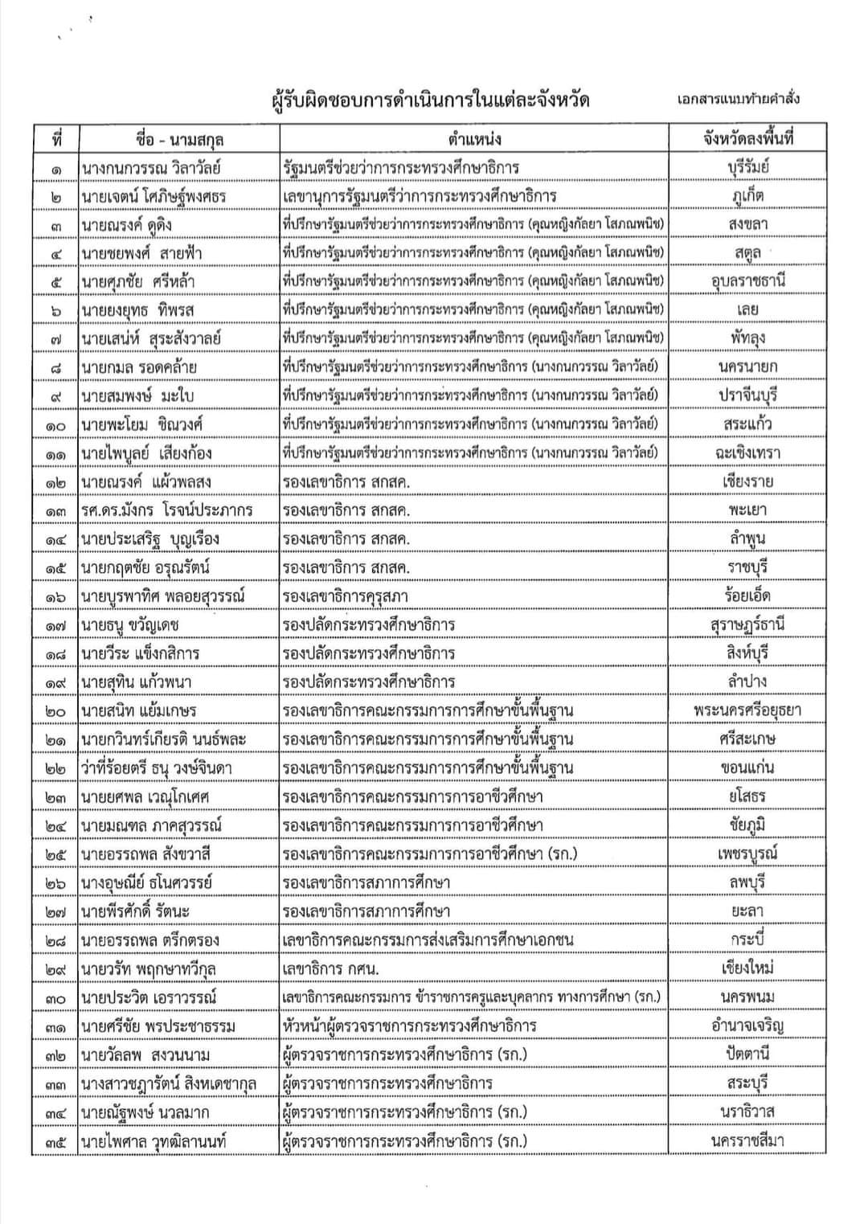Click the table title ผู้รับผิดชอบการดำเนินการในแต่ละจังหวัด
pos(430,100)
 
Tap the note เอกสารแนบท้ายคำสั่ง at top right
pos(738,100)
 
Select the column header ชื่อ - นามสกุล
pos(179,139)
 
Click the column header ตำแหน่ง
pos(474,139)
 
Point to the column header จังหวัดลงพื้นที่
pos(747,138)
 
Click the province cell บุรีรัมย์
pos(747,168)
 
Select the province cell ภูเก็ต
pos(747,196)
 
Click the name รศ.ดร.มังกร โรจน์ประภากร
pos(166,510)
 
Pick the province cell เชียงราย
pos(747,481)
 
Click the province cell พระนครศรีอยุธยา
pos(747,710)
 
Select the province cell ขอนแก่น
pos(747,768)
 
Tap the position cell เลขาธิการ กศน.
pos(331,969)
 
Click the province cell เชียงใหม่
pos(747,968)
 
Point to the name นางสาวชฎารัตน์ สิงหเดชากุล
pos(168,1083)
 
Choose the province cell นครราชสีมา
pos(747,1140)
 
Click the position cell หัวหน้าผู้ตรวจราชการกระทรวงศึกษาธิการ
pos(409,1026)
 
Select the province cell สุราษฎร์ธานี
pos(747,624)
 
